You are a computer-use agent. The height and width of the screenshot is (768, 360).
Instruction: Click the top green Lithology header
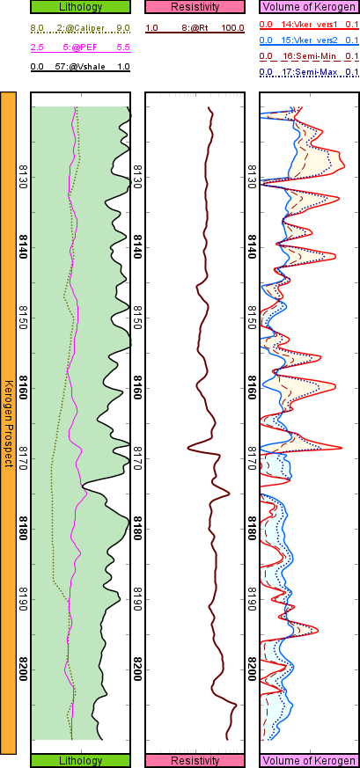coord(80,7)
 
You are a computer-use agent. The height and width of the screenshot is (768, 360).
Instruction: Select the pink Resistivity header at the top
coord(195,7)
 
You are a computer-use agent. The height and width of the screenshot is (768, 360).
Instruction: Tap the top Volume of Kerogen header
coord(308,7)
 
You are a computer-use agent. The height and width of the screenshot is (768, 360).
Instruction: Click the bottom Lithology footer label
coord(80,760)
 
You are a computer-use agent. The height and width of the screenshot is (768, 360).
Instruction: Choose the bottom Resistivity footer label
coord(195,760)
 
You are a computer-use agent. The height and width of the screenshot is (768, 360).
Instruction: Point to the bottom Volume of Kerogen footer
coord(308,760)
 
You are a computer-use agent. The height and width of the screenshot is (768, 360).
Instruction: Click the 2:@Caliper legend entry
coord(81,28)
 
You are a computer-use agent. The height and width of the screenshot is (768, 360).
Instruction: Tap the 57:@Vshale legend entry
coord(81,66)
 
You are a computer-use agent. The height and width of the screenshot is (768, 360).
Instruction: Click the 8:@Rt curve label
coord(195,28)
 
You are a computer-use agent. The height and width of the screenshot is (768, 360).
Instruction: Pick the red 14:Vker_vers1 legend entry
coord(308,28)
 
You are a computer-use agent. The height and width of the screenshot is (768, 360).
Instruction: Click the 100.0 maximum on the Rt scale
coord(232,28)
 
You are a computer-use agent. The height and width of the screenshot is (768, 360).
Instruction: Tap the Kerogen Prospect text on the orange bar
coord(8,423)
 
